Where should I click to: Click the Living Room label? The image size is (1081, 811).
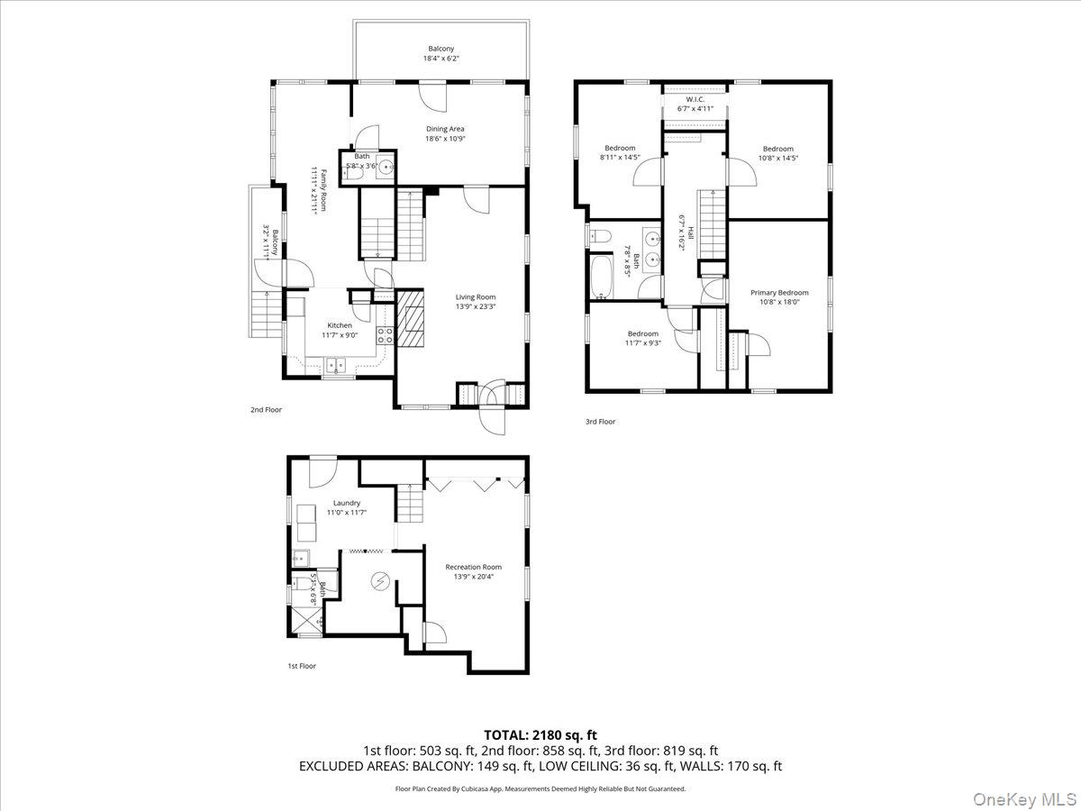click(475, 296)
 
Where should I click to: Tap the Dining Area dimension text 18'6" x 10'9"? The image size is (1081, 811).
click(445, 139)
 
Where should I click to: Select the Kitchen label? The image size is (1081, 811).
click(340, 325)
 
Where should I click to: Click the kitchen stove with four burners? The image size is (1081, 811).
click(385, 335)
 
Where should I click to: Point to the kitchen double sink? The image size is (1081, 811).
click(337, 365)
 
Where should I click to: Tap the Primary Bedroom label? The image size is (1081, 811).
click(779, 292)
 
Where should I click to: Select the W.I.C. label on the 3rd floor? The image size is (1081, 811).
click(695, 99)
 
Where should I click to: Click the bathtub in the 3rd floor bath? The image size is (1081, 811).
click(600, 277)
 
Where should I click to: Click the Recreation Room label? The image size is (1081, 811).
click(473, 567)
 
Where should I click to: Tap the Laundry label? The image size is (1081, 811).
click(346, 503)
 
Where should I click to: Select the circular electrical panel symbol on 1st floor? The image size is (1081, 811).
click(379, 581)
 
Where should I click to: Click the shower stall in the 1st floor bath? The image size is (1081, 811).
click(309, 621)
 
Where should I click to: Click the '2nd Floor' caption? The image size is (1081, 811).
click(266, 410)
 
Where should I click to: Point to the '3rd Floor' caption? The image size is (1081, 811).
click(600, 421)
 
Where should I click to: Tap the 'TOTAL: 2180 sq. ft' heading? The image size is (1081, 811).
click(540, 734)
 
